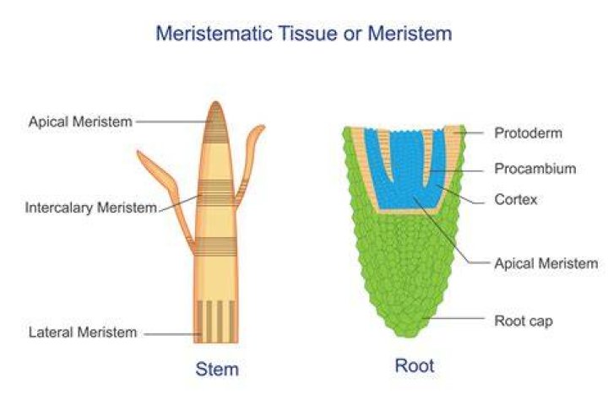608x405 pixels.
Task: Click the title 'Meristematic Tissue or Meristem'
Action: (x=304, y=33)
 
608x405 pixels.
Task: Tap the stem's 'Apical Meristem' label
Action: (x=80, y=121)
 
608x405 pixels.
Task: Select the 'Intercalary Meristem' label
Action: (x=91, y=208)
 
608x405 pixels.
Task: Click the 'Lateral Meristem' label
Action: (x=83, y=332)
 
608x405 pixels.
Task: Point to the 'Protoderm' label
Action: (x=528, y=133)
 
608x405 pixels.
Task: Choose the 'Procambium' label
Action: (x=535, y=169)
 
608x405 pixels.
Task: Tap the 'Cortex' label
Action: (x=516, y=200)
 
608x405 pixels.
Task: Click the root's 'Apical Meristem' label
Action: (x=546, y=263)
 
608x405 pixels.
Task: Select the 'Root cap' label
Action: (x=524, y=321)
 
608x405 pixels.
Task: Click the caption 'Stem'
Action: (x=217, y=369)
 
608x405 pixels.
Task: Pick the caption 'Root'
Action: (x=415, y=366)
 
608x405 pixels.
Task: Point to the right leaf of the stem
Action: (x=248, y=163)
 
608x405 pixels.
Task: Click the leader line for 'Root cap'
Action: (x=453, y=319)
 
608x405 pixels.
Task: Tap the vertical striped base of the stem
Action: (x=216, y=321)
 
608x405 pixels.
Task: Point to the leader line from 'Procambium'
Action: (x=457, y=170)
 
